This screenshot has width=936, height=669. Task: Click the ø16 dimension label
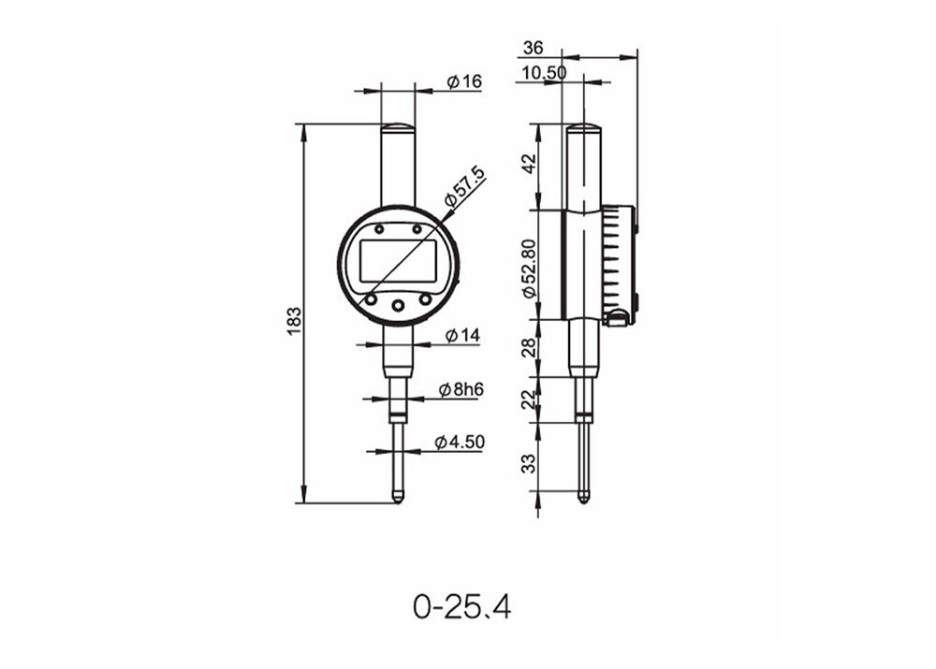[x=463, y=82]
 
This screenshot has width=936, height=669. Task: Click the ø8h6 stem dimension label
[x=460, y=390]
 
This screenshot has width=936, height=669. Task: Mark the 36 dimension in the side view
[x=534, y=48]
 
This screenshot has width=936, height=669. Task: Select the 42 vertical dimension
[x=528, y=165]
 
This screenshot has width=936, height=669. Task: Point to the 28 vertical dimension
[x=528, y=348]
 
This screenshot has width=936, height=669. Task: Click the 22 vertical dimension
[x=528, y=400]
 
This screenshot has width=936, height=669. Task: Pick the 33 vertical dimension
[x=528, y=463]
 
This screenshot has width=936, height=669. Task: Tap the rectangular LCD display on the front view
[x=398, y=262]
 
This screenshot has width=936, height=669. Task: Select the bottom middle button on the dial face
[x=398, y=305]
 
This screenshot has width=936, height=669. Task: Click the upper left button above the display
[x=379, y=229]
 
